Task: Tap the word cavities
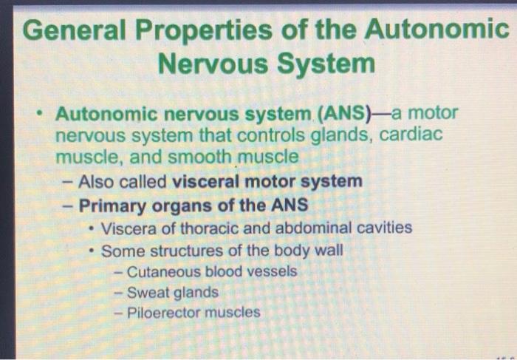coord(383,228)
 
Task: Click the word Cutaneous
coord(164,271)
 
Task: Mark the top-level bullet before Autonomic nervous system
coord(44,115)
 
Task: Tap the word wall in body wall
coord(328,250)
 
